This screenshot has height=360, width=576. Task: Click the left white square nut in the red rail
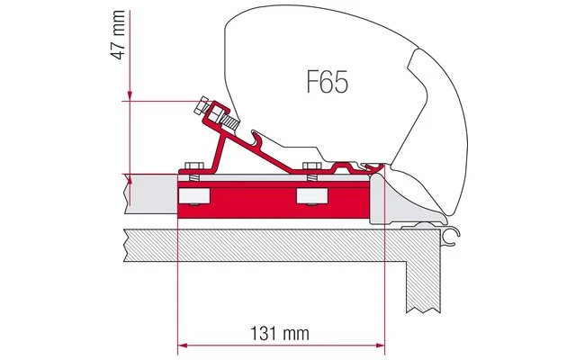point(190,196)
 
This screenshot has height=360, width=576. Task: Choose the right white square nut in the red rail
point(311,196)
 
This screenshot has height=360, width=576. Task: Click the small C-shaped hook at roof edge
point(454,236)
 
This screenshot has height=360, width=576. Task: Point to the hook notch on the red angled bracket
point(257,139)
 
